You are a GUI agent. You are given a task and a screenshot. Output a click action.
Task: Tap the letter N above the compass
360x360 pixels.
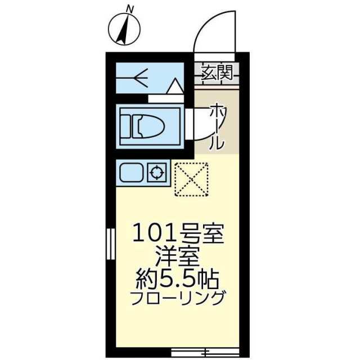pyautogui.click(x=130, y=8)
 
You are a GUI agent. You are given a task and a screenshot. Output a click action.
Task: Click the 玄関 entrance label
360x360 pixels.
pyautogui.click(x=217, y=72)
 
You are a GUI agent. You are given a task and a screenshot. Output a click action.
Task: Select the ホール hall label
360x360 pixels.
pyautogui.click(x=217, y=126)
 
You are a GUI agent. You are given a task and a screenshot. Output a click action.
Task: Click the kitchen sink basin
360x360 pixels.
pyautogui.click(x=132, y=173)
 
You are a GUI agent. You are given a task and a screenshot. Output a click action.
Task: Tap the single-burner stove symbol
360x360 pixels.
pyautogui.click(x=157, y=173)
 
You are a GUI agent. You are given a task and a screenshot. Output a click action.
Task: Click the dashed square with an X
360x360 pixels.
pyautogui.click(x=191, y=179)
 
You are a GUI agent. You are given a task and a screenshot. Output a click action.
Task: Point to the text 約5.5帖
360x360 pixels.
pyautogui.click(x=178, y=278)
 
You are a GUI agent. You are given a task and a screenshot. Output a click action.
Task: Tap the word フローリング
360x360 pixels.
pyautogui.click(x=178, y=297)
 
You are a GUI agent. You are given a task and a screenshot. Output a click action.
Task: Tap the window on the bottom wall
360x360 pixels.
pyautogui.click(x=205, y=352)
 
